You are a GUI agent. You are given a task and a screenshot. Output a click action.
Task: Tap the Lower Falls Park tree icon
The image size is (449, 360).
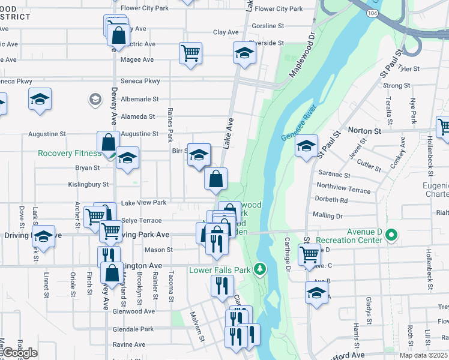click(260, 270)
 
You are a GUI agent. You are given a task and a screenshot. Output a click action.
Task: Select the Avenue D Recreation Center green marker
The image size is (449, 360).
click(392, 235)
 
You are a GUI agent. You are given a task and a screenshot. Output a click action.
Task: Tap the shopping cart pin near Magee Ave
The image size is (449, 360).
click(190, 53)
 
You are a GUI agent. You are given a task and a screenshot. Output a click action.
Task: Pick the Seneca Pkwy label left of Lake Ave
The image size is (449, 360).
click(144, 81)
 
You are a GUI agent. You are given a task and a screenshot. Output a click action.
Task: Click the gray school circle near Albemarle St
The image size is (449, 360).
click(94, 99)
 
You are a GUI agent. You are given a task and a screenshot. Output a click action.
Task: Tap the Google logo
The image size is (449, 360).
click(20, 353)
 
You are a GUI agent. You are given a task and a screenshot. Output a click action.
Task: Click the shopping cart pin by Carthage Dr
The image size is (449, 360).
click(309, 254)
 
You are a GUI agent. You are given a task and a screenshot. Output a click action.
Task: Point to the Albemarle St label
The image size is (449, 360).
click(139, 99)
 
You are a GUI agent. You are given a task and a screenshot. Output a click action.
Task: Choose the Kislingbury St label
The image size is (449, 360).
click(88, 184)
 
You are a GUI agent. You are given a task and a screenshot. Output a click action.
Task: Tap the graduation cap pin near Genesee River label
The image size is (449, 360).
click(306, 146)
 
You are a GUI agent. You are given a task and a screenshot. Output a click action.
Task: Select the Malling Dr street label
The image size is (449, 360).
click(327, 215)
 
